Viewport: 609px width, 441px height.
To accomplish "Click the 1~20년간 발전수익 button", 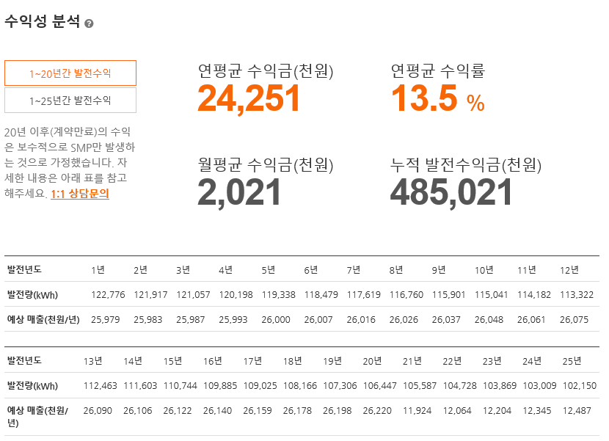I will (x=70, y=73).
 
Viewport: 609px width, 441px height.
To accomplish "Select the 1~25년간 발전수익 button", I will (x=70, y=101).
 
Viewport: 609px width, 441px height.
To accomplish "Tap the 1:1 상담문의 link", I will (x=80, y=194).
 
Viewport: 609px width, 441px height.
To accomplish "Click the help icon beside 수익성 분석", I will (x=89, y=23).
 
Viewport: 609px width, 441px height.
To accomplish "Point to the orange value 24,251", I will (x=249, y=99).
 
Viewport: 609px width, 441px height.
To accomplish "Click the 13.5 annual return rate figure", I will (x=425, y=99).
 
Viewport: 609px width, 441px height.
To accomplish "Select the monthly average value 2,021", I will (x=240, y=192).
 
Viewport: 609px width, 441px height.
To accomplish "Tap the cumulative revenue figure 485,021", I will (x=451, y=192).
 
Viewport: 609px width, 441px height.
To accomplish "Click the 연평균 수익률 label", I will (x=438, y=71).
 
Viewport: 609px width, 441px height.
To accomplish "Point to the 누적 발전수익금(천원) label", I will (x=466, y=165).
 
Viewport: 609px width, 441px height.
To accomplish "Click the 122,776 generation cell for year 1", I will (x=108, y=295).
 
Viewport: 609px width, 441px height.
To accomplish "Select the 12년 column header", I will (x=569, y=270).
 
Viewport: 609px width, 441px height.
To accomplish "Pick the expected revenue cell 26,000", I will (x=276, y=320).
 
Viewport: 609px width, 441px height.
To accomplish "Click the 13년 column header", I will (x=93, y=361).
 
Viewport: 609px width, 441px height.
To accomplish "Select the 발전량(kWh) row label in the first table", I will (x=32, y=295).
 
